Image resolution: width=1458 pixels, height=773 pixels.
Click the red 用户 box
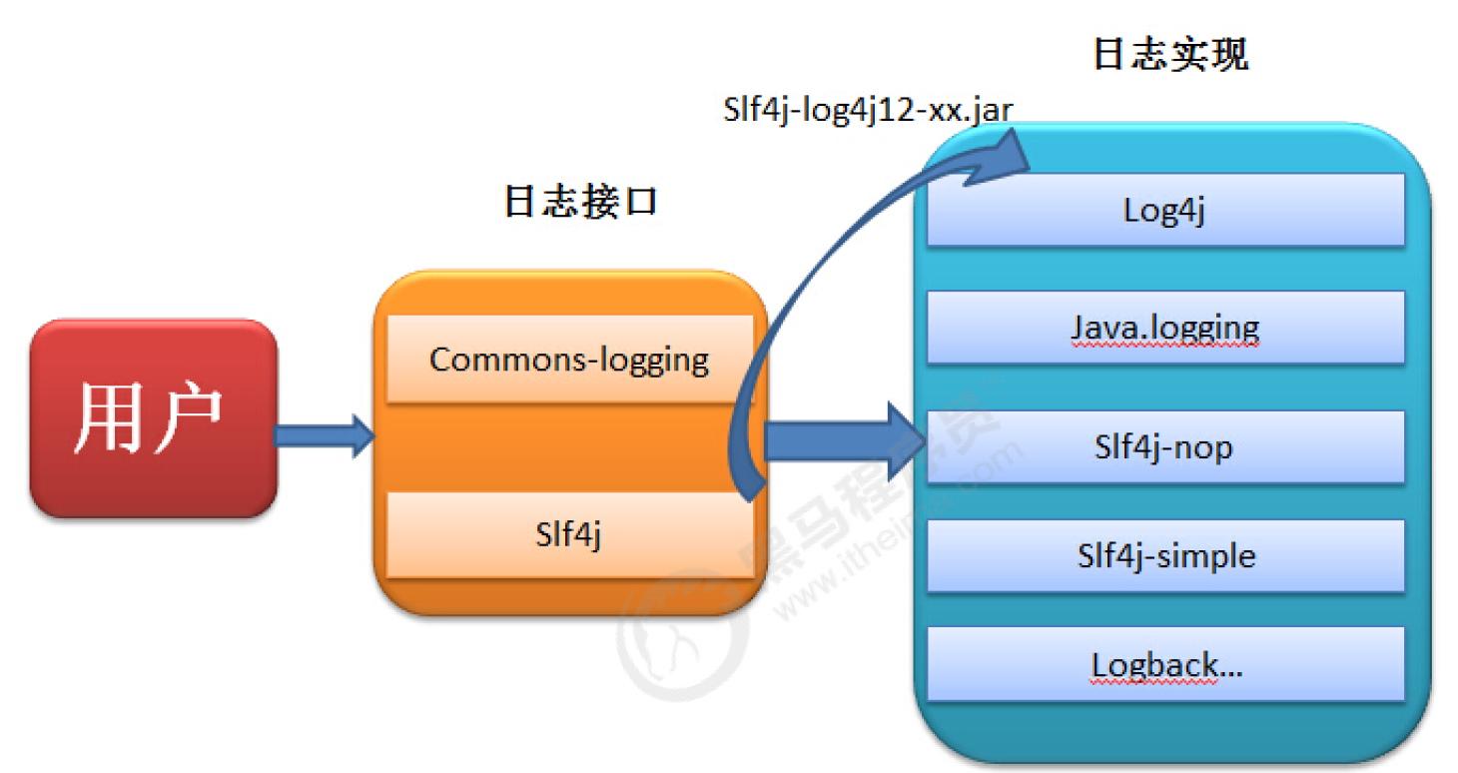tap(153, 418)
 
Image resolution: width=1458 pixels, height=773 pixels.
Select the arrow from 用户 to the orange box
tap(324, 436)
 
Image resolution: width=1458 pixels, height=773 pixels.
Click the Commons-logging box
tap(569, 360)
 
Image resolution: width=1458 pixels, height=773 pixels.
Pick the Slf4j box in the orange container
tap(568, 535)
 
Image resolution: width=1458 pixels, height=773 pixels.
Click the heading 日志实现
tap(1170, 55)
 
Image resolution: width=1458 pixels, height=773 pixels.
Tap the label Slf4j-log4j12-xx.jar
tap(867, 109)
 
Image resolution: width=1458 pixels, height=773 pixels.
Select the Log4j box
tap(1164, 211)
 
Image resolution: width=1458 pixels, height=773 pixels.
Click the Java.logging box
tap(1164, 328)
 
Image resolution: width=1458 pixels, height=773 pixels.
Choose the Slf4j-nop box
tap(1164, 446)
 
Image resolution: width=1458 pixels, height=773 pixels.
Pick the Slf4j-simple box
tap(1164, 555)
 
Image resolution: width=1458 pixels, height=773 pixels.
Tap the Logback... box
tap(1164, 664)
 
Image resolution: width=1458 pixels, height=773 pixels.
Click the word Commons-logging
tap(569, 360)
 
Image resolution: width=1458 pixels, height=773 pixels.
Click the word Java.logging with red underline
tap(1164, 328)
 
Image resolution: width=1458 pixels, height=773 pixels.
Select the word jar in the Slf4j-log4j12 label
tap(991, 109)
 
